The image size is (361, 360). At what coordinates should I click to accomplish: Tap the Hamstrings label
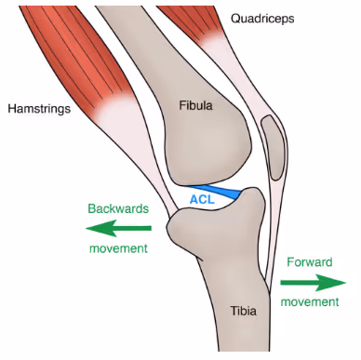coord(38,109)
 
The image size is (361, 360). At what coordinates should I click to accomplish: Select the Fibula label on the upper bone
coord(195,106)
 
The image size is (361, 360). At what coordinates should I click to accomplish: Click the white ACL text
coord(202,199)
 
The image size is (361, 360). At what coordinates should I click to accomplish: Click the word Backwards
coord(117,209)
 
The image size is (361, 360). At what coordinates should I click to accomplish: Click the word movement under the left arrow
coord(118,249)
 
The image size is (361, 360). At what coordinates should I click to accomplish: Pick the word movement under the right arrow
coord(311,302)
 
